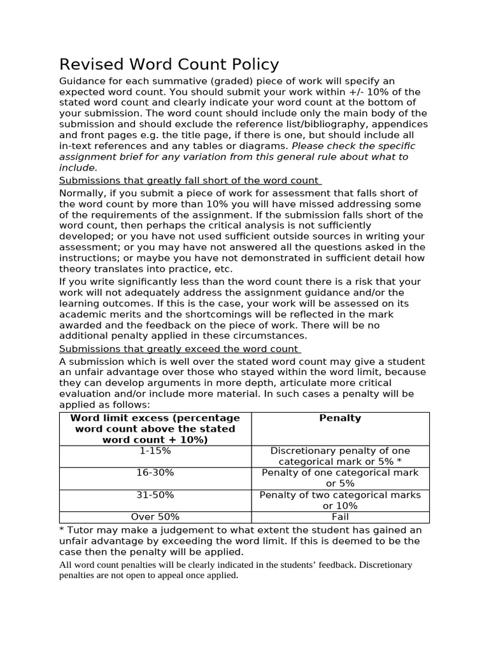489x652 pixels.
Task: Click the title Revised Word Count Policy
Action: (169, 64)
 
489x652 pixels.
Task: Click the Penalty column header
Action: (340, 418)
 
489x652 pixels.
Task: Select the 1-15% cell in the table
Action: (155, 451)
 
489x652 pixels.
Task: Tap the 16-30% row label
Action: (155, 472)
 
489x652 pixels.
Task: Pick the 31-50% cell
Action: (155, 495)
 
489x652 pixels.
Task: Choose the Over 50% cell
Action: (155, 517)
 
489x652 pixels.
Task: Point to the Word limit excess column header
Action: (155, 429)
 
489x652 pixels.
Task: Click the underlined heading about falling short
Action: (190, 181)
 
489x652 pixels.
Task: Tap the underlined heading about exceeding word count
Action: (180, 349)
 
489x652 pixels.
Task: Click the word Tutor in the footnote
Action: (82, 530)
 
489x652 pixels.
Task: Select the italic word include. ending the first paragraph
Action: (78, 167)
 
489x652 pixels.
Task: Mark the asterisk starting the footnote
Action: (62, 530)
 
